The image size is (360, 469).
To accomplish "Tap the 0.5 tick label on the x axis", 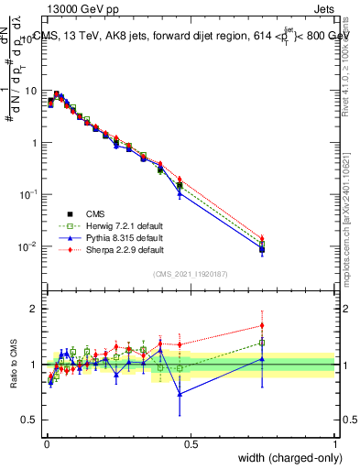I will (191, 444).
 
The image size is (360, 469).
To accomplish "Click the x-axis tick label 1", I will (335, 444).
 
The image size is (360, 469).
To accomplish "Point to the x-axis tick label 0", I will (47, 444).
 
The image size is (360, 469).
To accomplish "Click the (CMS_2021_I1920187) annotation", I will (191, 273).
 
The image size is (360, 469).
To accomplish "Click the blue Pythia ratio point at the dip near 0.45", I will (180, 394).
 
